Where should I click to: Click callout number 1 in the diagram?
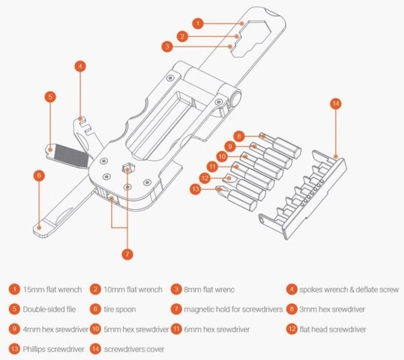(198, 23)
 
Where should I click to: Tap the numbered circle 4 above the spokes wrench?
(80, 67)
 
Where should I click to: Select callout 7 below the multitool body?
(127, 254)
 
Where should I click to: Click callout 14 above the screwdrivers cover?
(336, 104)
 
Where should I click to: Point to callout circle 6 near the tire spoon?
(39, 176)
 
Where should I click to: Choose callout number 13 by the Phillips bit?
(195, 189)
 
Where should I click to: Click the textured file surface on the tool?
(71, 156)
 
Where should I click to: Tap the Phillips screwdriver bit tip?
(220, 189)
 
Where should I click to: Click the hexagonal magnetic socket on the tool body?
(127, 169)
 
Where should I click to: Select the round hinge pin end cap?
(235, 98)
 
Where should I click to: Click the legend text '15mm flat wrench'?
(52, 290)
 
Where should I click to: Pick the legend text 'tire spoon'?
(120, 309)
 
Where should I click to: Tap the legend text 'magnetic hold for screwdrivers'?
(233, 309)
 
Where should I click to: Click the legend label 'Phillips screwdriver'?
(53, 349)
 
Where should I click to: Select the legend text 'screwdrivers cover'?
(134, 349)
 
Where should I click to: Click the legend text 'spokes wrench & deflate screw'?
(349, 290)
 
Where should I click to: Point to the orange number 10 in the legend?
(95, 329)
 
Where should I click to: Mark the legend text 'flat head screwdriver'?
(333, 329)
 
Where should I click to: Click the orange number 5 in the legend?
(14, 309)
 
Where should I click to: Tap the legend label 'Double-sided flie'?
(49, 309)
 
